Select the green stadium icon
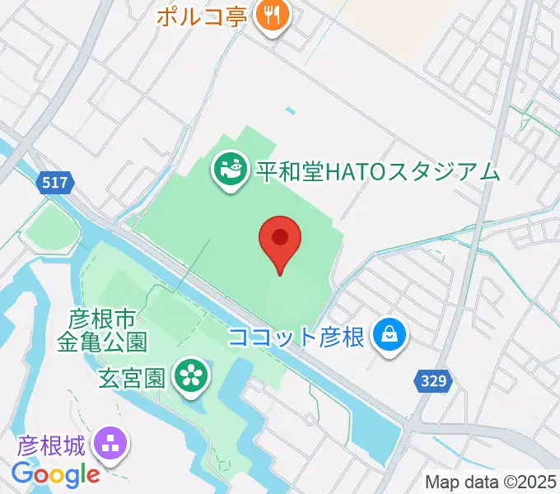[227, 170]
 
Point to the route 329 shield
[432, 380]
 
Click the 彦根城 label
[50, 446]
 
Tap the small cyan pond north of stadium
[290, 110]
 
